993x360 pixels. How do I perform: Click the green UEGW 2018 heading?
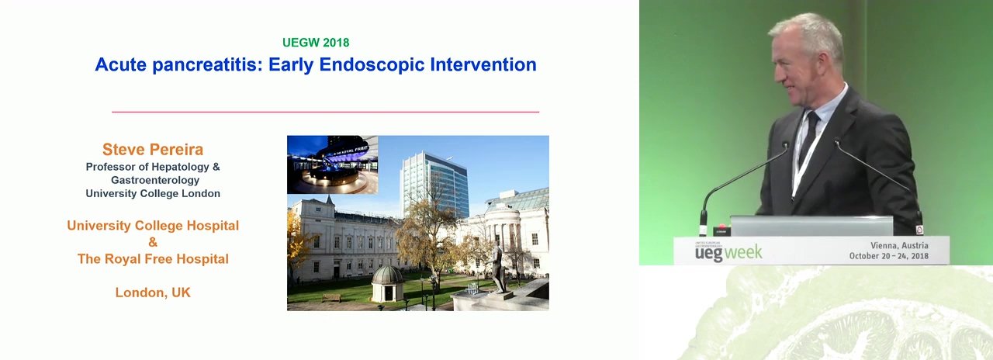pos(316,43)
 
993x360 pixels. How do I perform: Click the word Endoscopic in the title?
pos(372,64)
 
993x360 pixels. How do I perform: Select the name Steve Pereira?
pos(153,150)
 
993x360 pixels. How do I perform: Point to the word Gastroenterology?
pos(155,180)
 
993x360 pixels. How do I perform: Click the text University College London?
pos(153,193)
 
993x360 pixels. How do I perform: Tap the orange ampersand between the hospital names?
pos(153,242)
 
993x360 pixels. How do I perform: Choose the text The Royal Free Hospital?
pos(153,259)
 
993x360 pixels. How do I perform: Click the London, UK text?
pos(153,292)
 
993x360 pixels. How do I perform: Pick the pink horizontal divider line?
pos(325,112)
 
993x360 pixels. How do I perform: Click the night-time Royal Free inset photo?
pos(333,164)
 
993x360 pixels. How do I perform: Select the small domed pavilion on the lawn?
pos(387,284)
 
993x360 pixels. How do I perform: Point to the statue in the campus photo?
pos(500,269)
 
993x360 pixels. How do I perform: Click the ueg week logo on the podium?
pos(728,253)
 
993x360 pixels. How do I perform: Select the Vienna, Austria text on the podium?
pos(899,245)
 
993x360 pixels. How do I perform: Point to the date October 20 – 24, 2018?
pos(888,256)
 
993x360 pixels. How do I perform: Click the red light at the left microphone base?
pos(721,227)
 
